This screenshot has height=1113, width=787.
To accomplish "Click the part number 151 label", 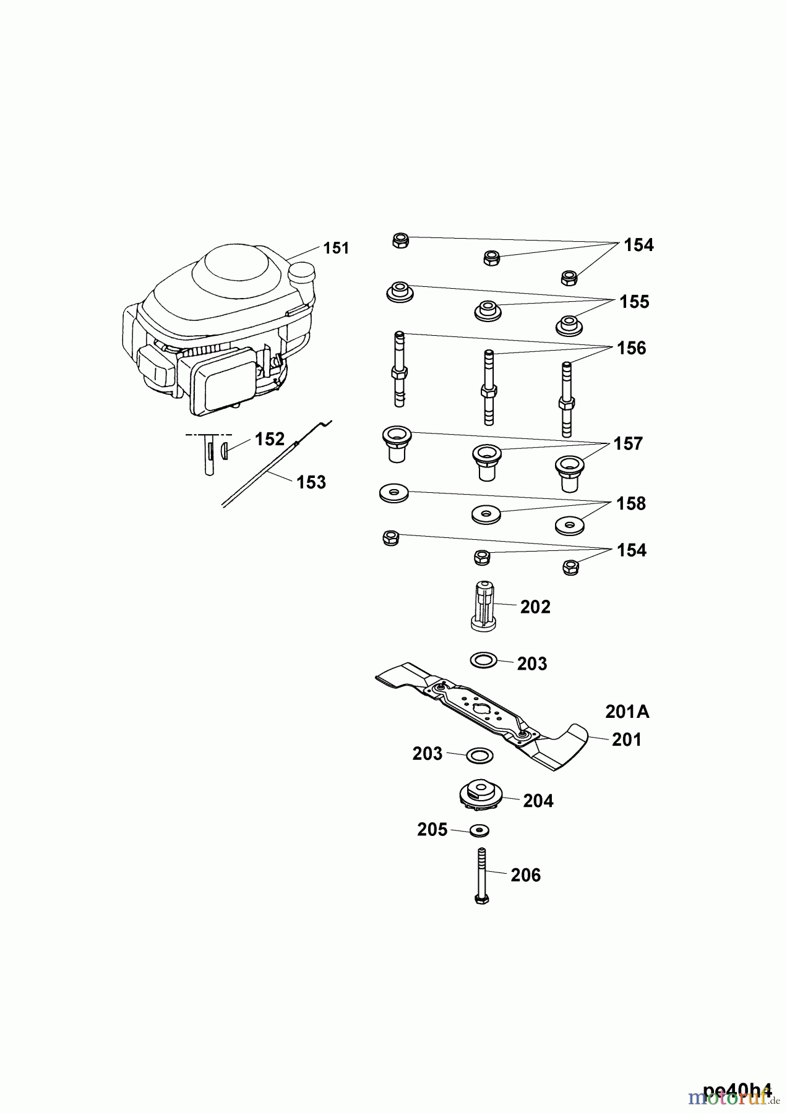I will coord(336,248).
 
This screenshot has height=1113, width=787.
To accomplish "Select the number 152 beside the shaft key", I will coord(269,439).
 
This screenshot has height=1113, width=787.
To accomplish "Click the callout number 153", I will coord(311,482).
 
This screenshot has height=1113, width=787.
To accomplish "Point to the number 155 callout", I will coord(634,302).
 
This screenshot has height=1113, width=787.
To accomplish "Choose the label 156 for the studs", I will coord(631,348).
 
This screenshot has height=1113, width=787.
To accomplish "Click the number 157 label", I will coord(628,443).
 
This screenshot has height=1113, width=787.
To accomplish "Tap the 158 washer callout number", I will coord(631,503).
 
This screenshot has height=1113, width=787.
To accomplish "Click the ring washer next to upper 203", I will coord(484,660).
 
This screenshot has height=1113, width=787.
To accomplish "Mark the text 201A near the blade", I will coord(627,712).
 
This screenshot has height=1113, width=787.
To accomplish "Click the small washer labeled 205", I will coord(478,829).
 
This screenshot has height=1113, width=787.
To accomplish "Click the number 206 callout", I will coord(525,875).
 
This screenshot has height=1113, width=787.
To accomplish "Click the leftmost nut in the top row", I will coord(400,241).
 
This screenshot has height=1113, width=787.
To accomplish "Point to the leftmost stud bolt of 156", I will coord(400,369).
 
